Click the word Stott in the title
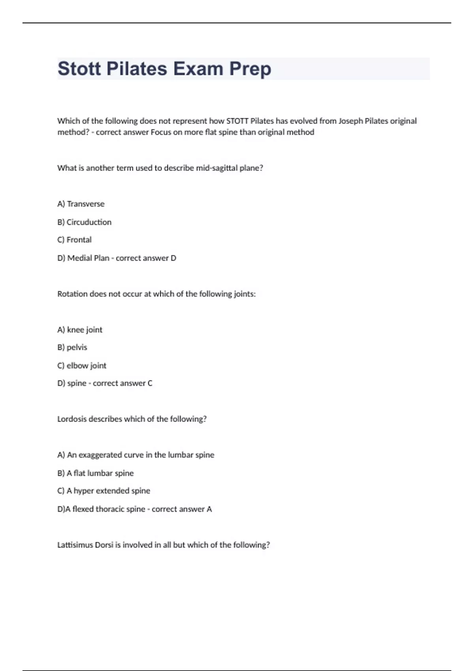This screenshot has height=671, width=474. pos(79,69)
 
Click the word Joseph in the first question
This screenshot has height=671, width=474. pos(350,121)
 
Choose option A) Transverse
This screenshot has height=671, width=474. pos(81,204)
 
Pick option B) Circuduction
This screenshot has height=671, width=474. pos(84,222)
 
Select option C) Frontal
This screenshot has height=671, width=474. pos(74,240)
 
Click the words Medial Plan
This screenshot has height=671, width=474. pos(88,258)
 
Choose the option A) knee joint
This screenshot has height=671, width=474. pos(80,330)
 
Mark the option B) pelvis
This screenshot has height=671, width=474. pos(72,347)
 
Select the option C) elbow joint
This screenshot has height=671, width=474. pos(82,365)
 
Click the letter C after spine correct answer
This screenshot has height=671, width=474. pos(150,383)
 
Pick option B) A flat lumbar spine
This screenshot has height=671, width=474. pos(96,473)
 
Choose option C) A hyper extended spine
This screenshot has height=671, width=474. pos(104,491)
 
